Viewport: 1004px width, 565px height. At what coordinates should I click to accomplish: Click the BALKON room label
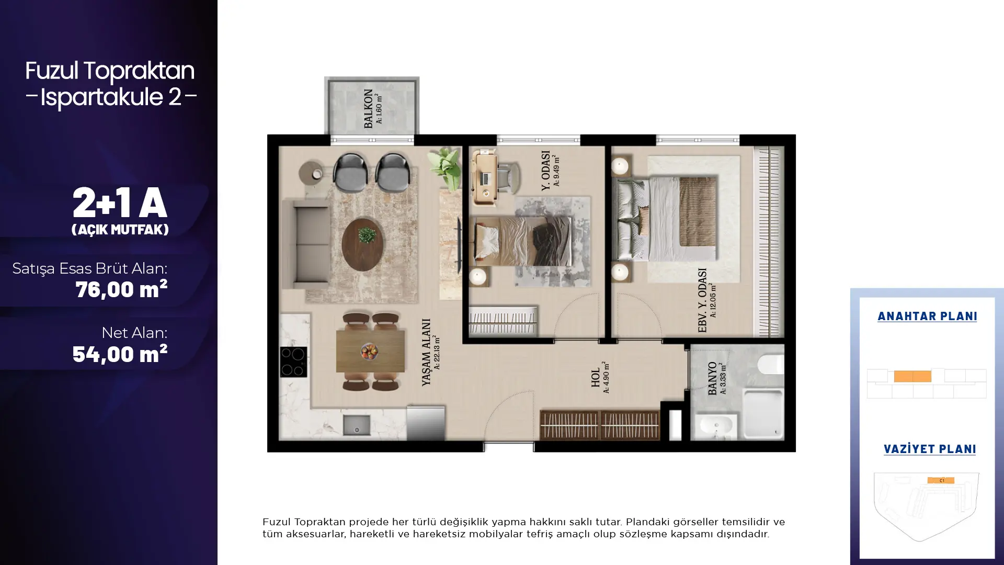click(x=368, y=108)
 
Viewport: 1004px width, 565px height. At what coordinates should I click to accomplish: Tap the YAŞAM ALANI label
click(x=426, y=352)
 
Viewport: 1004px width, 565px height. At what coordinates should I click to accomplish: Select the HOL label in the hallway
click(x=596, y=377)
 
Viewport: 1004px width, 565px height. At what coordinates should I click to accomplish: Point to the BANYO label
click(x=712, y=378)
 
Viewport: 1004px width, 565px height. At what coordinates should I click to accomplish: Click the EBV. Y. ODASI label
click(x=702, y=300)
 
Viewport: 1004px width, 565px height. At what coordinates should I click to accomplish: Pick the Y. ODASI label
click(x=545, y=171)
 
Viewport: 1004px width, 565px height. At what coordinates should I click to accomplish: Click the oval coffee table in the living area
click(x=366, y=244)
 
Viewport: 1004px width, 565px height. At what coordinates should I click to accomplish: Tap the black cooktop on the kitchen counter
click(x=293, y=362)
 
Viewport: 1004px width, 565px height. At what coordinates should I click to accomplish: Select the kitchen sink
click(x=357, y=425)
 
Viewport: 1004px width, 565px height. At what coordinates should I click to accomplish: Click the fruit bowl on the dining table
click(x=370, y=351)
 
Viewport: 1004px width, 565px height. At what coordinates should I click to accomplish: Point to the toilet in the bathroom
click(x=771, y=364)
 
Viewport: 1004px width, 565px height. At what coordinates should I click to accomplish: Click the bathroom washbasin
click(x=716, y=425)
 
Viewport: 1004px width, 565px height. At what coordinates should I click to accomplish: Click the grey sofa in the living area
click(x=306, y=244)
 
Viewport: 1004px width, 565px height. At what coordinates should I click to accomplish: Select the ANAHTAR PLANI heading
click(x=927, y=317)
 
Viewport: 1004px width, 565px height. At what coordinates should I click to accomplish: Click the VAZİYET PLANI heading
click(x=930, y=449)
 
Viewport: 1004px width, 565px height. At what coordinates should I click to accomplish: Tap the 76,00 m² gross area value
click(x=121, y=289)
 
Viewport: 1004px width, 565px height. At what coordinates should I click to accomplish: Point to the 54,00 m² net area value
click(x=120, y=354)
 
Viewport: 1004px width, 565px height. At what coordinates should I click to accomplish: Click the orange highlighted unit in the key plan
click(x=912, y=376)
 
